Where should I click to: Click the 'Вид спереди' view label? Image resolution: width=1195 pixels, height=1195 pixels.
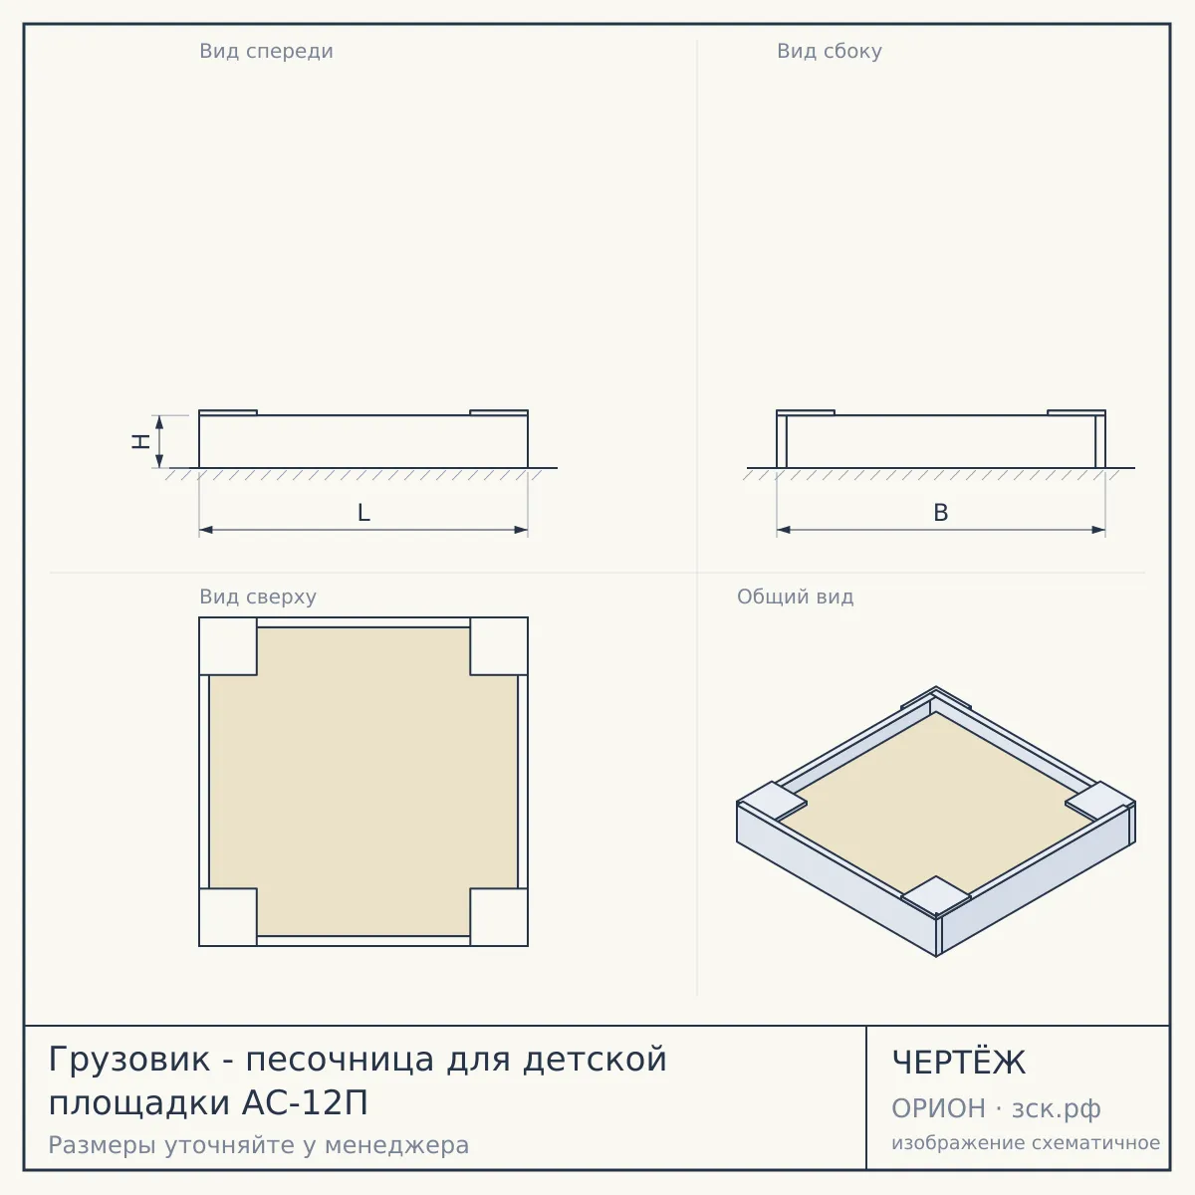[x=266, y=51]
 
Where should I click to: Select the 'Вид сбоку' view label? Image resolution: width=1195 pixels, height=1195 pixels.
[x=830, y=51]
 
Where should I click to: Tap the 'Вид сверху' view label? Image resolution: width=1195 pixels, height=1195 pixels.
[x=258, y=597]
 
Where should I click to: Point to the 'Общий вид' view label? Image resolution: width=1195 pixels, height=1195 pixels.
[x=795, y=597]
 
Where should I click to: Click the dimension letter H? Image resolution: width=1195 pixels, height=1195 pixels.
[x=140, y=441]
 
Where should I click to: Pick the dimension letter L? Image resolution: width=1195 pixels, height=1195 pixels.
[x=363, y=513]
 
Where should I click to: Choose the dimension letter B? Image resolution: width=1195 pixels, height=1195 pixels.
[x=941, y=513]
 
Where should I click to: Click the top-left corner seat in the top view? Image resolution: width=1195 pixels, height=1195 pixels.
[x=228, y=646]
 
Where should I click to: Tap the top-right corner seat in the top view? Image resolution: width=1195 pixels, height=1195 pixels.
[x=499, y=646]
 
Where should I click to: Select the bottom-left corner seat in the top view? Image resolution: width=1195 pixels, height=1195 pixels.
[x=228, y=917]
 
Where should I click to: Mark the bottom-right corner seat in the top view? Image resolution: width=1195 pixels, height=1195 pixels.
[x=499, y=917]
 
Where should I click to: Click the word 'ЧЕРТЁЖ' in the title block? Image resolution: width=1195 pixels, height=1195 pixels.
[x=959, y=1062]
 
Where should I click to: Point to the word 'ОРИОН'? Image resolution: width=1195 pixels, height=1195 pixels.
[x=938, y=1108]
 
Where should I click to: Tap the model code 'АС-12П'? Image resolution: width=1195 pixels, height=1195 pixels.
[x=305, y=1102]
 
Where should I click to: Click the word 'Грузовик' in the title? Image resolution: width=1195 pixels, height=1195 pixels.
[x=129, y=1060]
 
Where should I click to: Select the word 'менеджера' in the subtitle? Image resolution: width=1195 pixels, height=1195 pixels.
[x=397, y=1145]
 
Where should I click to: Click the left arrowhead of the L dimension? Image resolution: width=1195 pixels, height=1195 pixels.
[x=206, y=530]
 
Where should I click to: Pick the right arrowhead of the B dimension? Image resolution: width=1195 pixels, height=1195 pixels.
[x=1098, y=530]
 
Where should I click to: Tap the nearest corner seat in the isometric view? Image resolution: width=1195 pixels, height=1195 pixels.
[x=936, y=896]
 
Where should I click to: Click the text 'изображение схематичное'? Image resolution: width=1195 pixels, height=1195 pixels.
[x=1026, y=1143]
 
